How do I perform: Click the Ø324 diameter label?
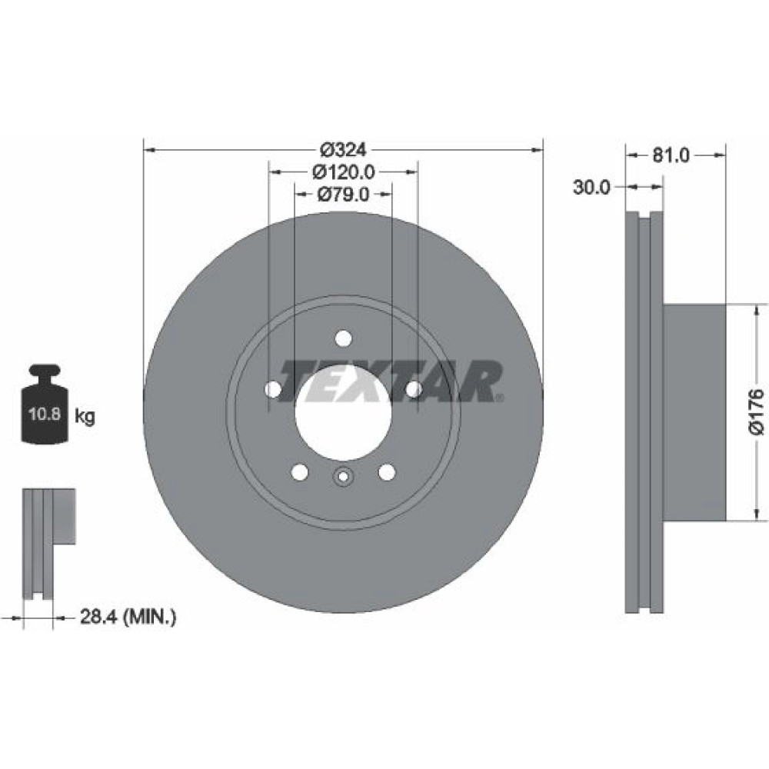point(344,149)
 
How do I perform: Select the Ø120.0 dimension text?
point(344,171)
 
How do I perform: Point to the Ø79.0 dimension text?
point(343,195)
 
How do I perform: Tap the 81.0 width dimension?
point(671,155)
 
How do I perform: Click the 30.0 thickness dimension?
point(591,187)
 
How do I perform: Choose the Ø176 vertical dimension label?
point(757,411)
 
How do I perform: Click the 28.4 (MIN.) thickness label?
point(128,616)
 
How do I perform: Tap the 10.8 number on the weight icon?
point(44,414)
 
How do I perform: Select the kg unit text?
point(85,417)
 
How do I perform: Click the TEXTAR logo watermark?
point(391,381)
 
